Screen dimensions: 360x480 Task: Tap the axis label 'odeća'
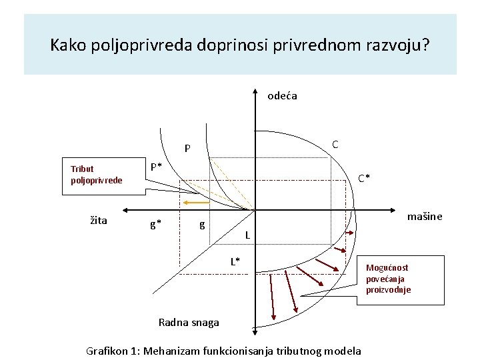coord(282,96)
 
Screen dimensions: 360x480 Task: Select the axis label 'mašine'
coord(425,217)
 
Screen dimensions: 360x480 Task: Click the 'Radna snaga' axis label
coord(189,323)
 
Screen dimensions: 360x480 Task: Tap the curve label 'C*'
coord(364,178)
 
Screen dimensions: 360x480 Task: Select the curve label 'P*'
coord(155,166)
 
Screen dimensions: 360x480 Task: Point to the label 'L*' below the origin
coord(235,261)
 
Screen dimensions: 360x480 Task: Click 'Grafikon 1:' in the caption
coord(113,351)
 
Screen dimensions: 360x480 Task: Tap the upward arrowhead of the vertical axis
coord(255,92)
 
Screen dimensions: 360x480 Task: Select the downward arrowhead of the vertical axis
coord(255,331)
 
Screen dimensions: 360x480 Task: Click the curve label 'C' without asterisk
coord(335,145)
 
